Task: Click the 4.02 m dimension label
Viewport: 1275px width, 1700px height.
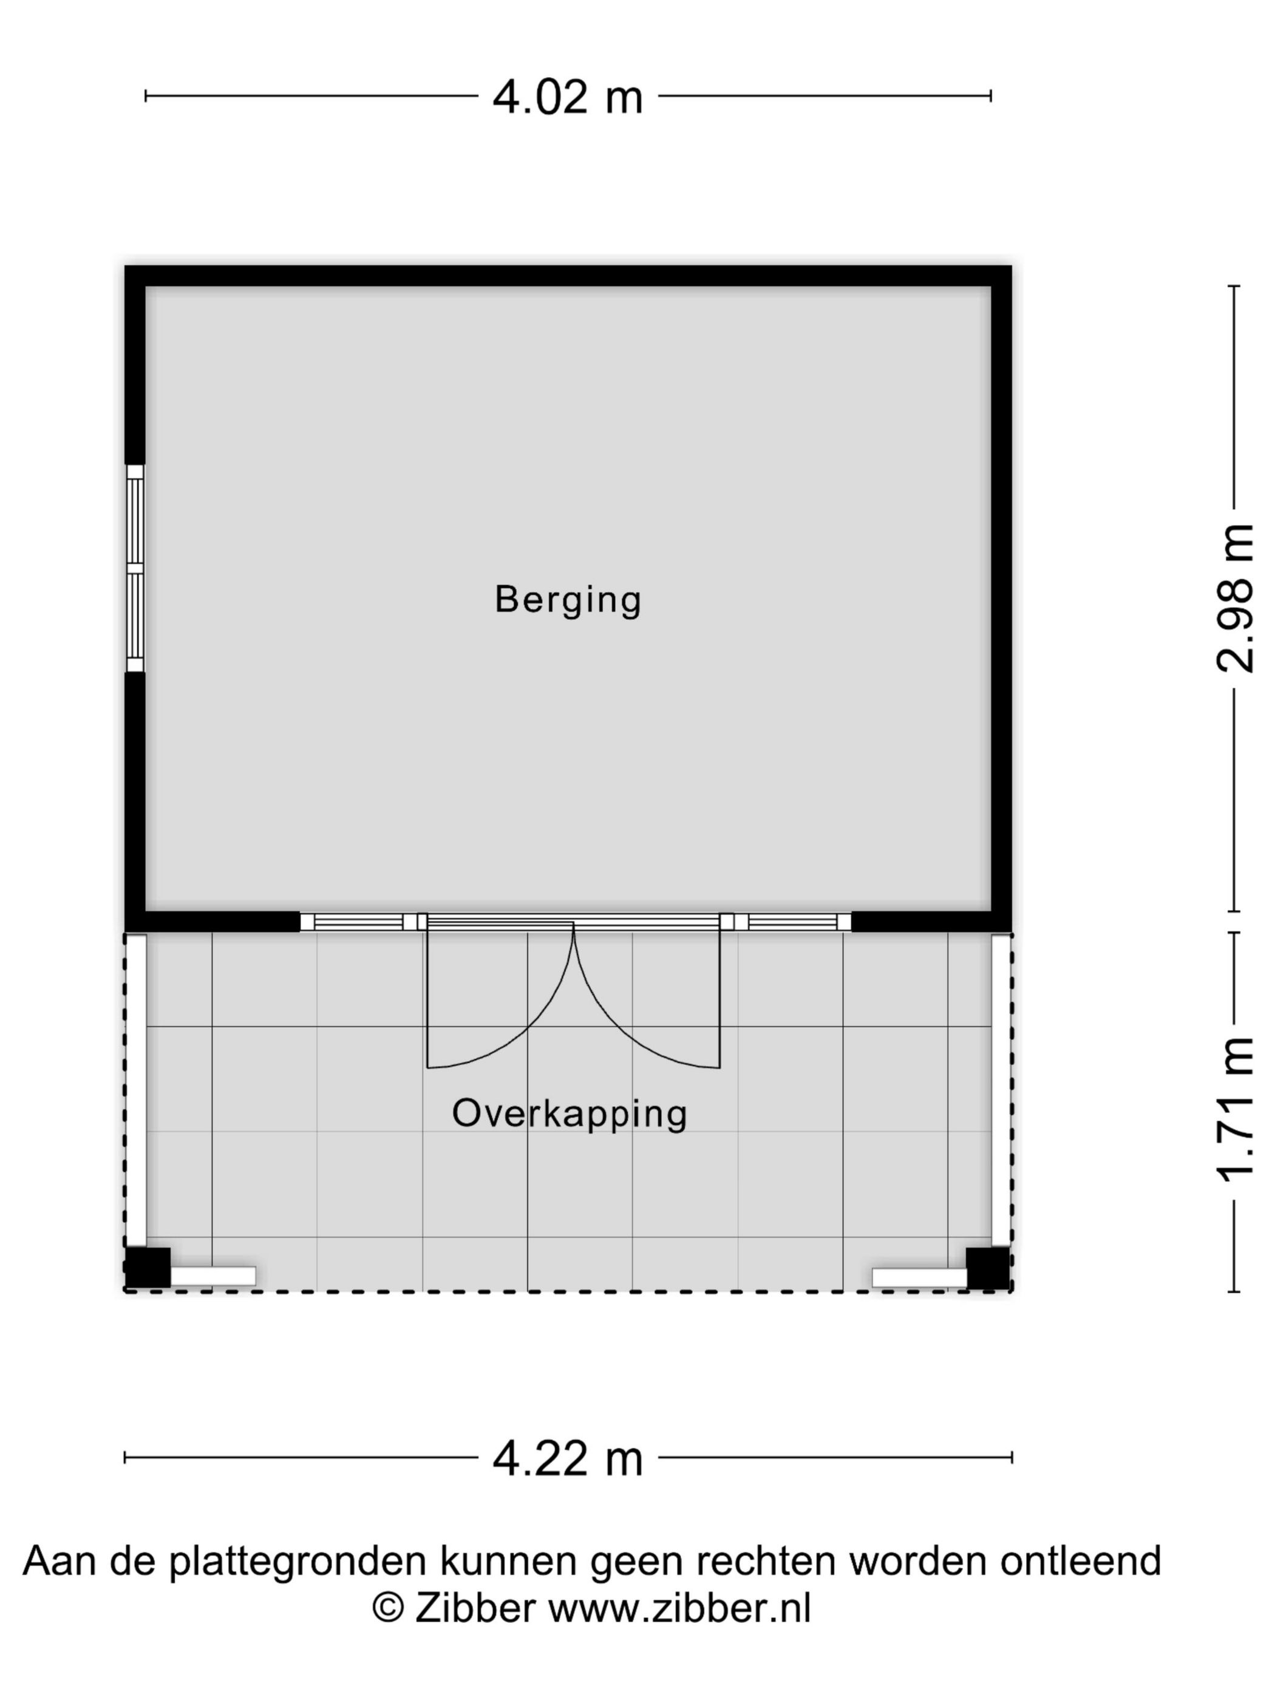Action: click(566, 98)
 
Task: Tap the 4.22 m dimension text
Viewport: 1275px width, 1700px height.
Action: click(566, 1459)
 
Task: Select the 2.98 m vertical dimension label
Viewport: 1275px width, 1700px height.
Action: click(1235, 597)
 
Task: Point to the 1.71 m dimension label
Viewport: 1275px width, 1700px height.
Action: click(1235, 1110)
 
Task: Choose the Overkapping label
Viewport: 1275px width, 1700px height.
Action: click(569, 1113)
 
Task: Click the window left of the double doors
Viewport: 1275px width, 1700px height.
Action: click(358, 922)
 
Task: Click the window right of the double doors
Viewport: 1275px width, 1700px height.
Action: click(792, 922)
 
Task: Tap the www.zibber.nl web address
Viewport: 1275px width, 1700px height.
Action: click(679, 1608)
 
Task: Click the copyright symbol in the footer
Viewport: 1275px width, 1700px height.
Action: click(387, 1608)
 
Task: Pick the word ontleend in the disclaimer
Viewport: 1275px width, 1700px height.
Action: click(1079, 1561)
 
